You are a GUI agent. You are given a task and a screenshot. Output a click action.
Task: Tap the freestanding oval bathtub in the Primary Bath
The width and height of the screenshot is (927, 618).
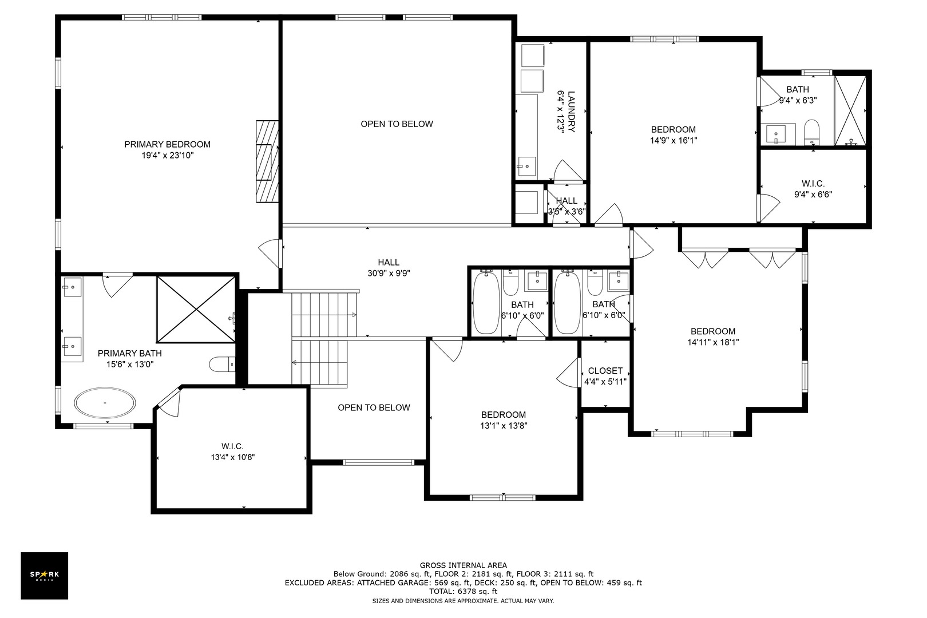pos(105,402)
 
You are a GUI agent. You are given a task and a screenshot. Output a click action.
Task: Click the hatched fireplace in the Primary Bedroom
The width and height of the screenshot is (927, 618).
pos(267,161)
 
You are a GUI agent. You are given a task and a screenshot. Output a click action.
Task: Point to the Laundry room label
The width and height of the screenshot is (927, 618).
pos(566,112)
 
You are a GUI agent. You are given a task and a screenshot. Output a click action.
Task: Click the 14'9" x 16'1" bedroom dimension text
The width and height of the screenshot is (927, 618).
pos(674,140)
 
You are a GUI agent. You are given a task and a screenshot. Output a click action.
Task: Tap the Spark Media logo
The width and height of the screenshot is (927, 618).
pos(44,575)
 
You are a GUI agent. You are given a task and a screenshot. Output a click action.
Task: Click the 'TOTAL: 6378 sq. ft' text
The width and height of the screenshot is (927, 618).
pos(463,592)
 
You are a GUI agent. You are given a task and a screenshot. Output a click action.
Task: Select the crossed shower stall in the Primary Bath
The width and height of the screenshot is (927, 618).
pos(196,310)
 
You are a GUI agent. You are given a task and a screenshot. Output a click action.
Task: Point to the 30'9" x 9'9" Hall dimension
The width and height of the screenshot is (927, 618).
pos(389,273)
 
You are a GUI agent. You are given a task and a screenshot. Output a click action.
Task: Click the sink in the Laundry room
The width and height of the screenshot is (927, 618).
pos(526,167)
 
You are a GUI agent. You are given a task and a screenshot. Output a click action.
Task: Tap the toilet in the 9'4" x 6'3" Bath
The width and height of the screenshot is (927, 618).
pos(811,132)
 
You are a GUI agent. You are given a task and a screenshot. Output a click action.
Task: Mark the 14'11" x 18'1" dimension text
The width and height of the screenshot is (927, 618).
pos(712,342)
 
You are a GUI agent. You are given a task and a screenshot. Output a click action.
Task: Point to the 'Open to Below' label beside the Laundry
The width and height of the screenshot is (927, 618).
pos(397,124)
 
